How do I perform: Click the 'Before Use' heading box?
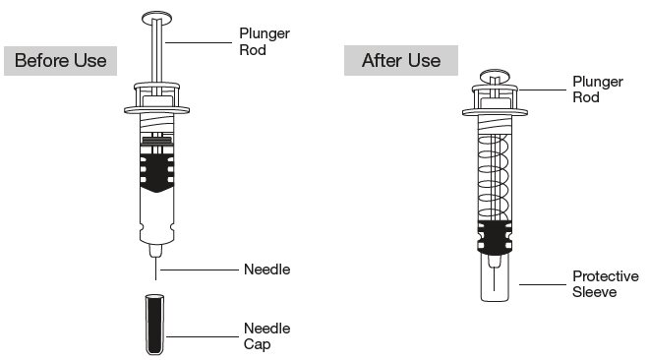60,61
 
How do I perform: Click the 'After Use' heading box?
401,60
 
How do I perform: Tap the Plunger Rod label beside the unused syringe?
265,41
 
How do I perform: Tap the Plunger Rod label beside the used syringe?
598,90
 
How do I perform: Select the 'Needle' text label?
267,270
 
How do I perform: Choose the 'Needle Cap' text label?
267,336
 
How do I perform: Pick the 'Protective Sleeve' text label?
606,284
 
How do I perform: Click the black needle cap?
155,325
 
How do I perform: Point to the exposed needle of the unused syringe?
155,269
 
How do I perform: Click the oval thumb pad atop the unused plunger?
156,18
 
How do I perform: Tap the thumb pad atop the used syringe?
495,77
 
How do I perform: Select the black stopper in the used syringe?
495,238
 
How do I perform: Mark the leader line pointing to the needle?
200,270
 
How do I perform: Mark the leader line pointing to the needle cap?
203,336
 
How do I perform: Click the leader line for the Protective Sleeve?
543,284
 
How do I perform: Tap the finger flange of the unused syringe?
156,110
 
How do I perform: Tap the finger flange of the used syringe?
495,111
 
